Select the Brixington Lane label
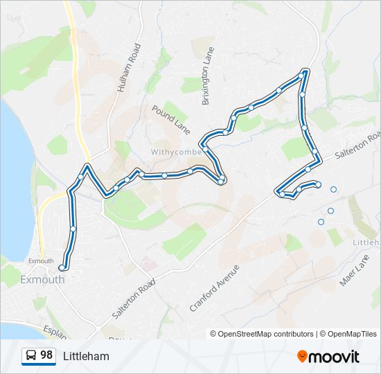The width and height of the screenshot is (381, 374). coord(208,76)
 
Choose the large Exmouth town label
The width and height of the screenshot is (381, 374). coord(42,280)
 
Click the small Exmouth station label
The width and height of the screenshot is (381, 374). coord(41,261)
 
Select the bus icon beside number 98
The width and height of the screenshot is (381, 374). coord(31,355)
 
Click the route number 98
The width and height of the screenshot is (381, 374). coord(46,355)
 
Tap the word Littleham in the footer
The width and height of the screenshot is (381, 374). coord(86,356)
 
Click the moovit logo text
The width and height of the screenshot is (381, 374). coord(335,356)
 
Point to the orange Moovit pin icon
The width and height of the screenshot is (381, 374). coord(302,356)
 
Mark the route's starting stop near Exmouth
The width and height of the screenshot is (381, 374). coord(62,267)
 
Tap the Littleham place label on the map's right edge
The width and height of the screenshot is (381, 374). coord(366,242)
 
